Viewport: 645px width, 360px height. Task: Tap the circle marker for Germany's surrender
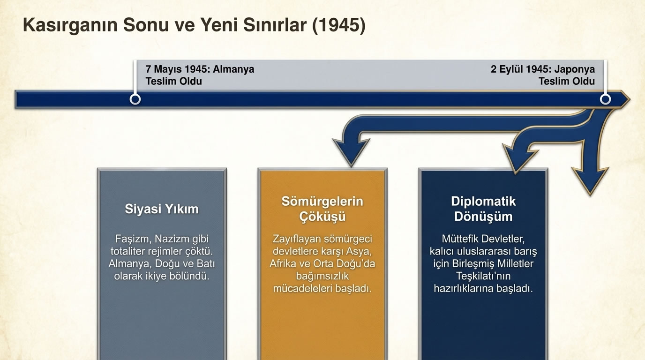click(x=135, y=99)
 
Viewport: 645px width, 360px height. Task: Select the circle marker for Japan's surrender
click(x=605, y=99)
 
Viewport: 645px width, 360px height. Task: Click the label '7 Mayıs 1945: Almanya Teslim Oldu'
click(x=200, y=75)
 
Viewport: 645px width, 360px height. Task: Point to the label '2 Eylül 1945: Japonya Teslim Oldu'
click(x=543, y=75)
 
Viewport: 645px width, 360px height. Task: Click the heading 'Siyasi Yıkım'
click(x=162, y=209)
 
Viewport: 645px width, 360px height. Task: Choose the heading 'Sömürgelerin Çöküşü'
click(x=322, y=209)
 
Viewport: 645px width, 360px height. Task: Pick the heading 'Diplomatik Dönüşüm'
click(x=483, y=209)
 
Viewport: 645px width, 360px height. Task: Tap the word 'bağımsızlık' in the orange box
click(x=322, y=276)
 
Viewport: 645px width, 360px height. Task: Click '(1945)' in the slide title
click(x=338, y=25)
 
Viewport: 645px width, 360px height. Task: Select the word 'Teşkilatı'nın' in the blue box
click(x=483, y=276)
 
